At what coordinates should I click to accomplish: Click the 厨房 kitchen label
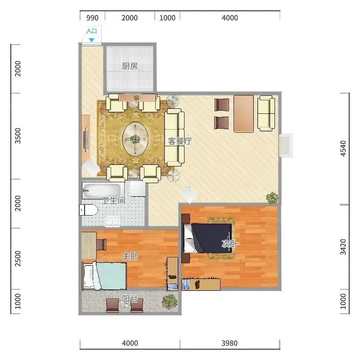coord(130,66)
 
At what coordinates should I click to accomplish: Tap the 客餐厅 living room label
coord(180,141)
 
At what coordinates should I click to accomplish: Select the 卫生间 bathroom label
coord(113,200)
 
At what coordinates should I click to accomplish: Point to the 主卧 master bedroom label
coord(130,256)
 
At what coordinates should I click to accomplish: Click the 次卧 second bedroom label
coord(229,243)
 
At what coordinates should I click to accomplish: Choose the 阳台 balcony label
coord(130,299)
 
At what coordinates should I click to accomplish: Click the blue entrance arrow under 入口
coord(92,40)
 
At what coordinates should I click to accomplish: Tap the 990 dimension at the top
coord(92,18)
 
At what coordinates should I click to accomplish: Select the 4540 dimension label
coord(343,148)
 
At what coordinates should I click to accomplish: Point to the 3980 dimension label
coord(229,343)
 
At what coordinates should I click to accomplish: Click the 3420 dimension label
coord(343,247)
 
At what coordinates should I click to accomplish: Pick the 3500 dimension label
coord(18,136)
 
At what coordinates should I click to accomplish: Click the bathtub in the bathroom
coord(101,190)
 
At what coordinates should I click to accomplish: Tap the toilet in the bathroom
coord(89,210)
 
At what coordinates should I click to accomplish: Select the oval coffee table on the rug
coord(135,139)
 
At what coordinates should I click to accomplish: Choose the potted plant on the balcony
coord(170,302)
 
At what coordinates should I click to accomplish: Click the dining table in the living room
coord(243,114)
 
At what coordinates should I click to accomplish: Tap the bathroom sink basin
coord(112,221)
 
